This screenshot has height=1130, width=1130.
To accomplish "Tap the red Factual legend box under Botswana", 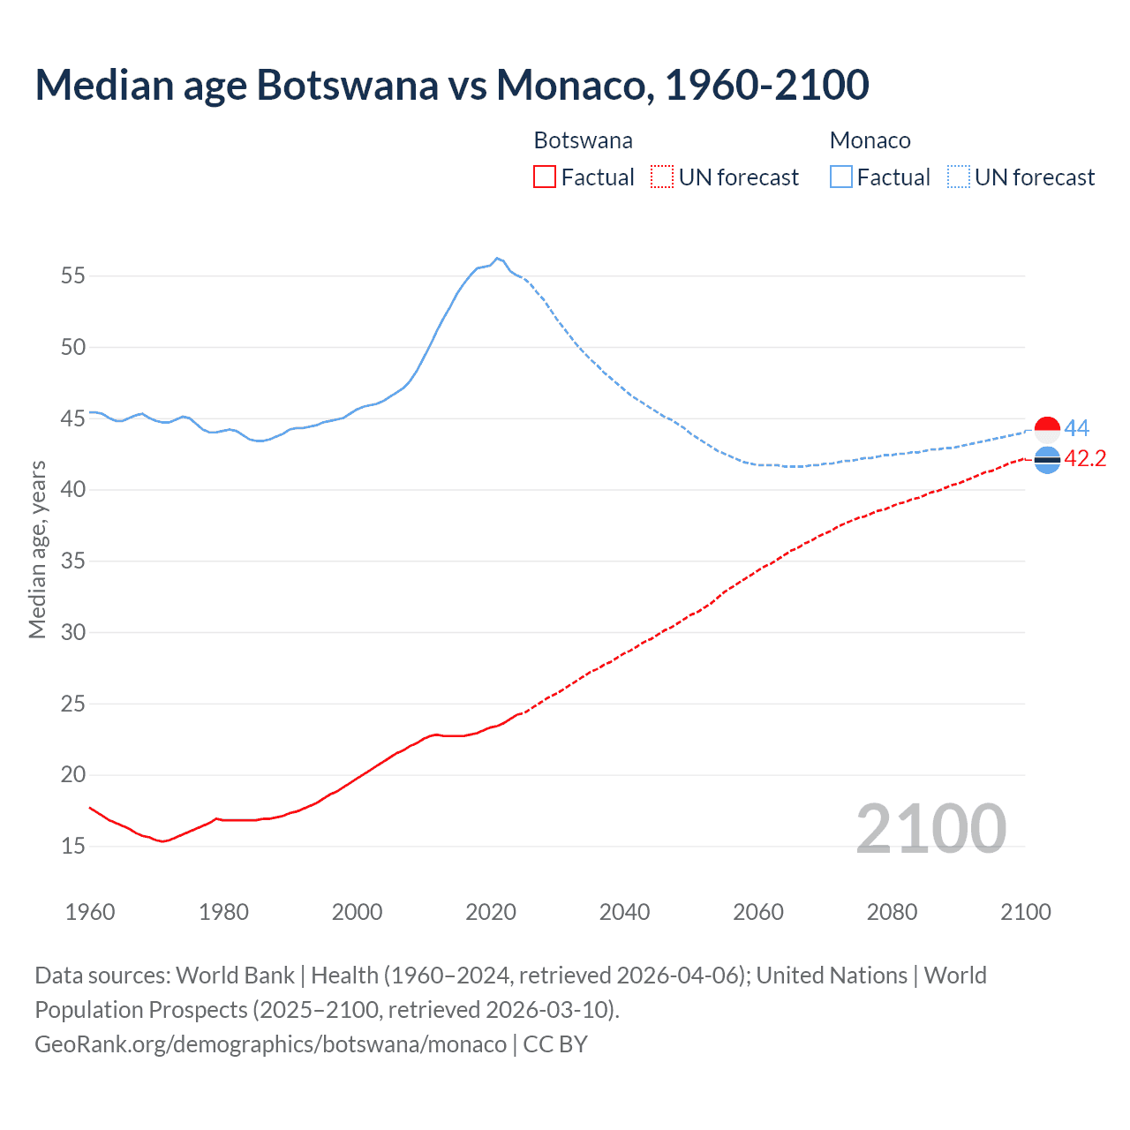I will coord(545,177).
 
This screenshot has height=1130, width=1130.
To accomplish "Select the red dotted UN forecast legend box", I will coord(662,177).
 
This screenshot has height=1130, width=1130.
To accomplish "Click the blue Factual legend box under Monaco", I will coord(841,177).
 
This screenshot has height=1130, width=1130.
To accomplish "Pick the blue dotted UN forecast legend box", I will coord(958,177).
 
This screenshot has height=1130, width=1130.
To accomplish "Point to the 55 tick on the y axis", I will coord(73,275).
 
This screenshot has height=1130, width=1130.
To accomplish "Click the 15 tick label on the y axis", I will coord(73,847).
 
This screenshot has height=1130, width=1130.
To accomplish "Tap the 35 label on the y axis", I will coord(73,561).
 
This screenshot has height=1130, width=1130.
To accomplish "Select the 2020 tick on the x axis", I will coord(491,912).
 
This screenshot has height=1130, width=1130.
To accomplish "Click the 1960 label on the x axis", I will coord(90,912).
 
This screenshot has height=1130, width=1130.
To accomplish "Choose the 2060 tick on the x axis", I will coord(758,912).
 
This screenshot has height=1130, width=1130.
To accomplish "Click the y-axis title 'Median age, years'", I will coord(37,549).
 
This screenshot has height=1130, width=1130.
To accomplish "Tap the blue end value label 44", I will coord(1077,429).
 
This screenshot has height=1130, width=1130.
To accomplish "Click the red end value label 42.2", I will coord(1085,459).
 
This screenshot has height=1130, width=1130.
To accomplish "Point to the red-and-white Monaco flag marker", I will coord(1047,430).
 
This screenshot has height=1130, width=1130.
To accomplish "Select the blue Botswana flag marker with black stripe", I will coord(1047,460).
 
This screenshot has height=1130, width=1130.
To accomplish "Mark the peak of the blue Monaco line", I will coord(497,258).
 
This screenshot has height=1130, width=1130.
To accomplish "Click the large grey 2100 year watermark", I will coord(931,829).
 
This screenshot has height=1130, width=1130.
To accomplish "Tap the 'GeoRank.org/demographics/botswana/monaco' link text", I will coord(271,1044).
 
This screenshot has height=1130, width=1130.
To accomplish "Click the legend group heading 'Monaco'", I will coord(870,141).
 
